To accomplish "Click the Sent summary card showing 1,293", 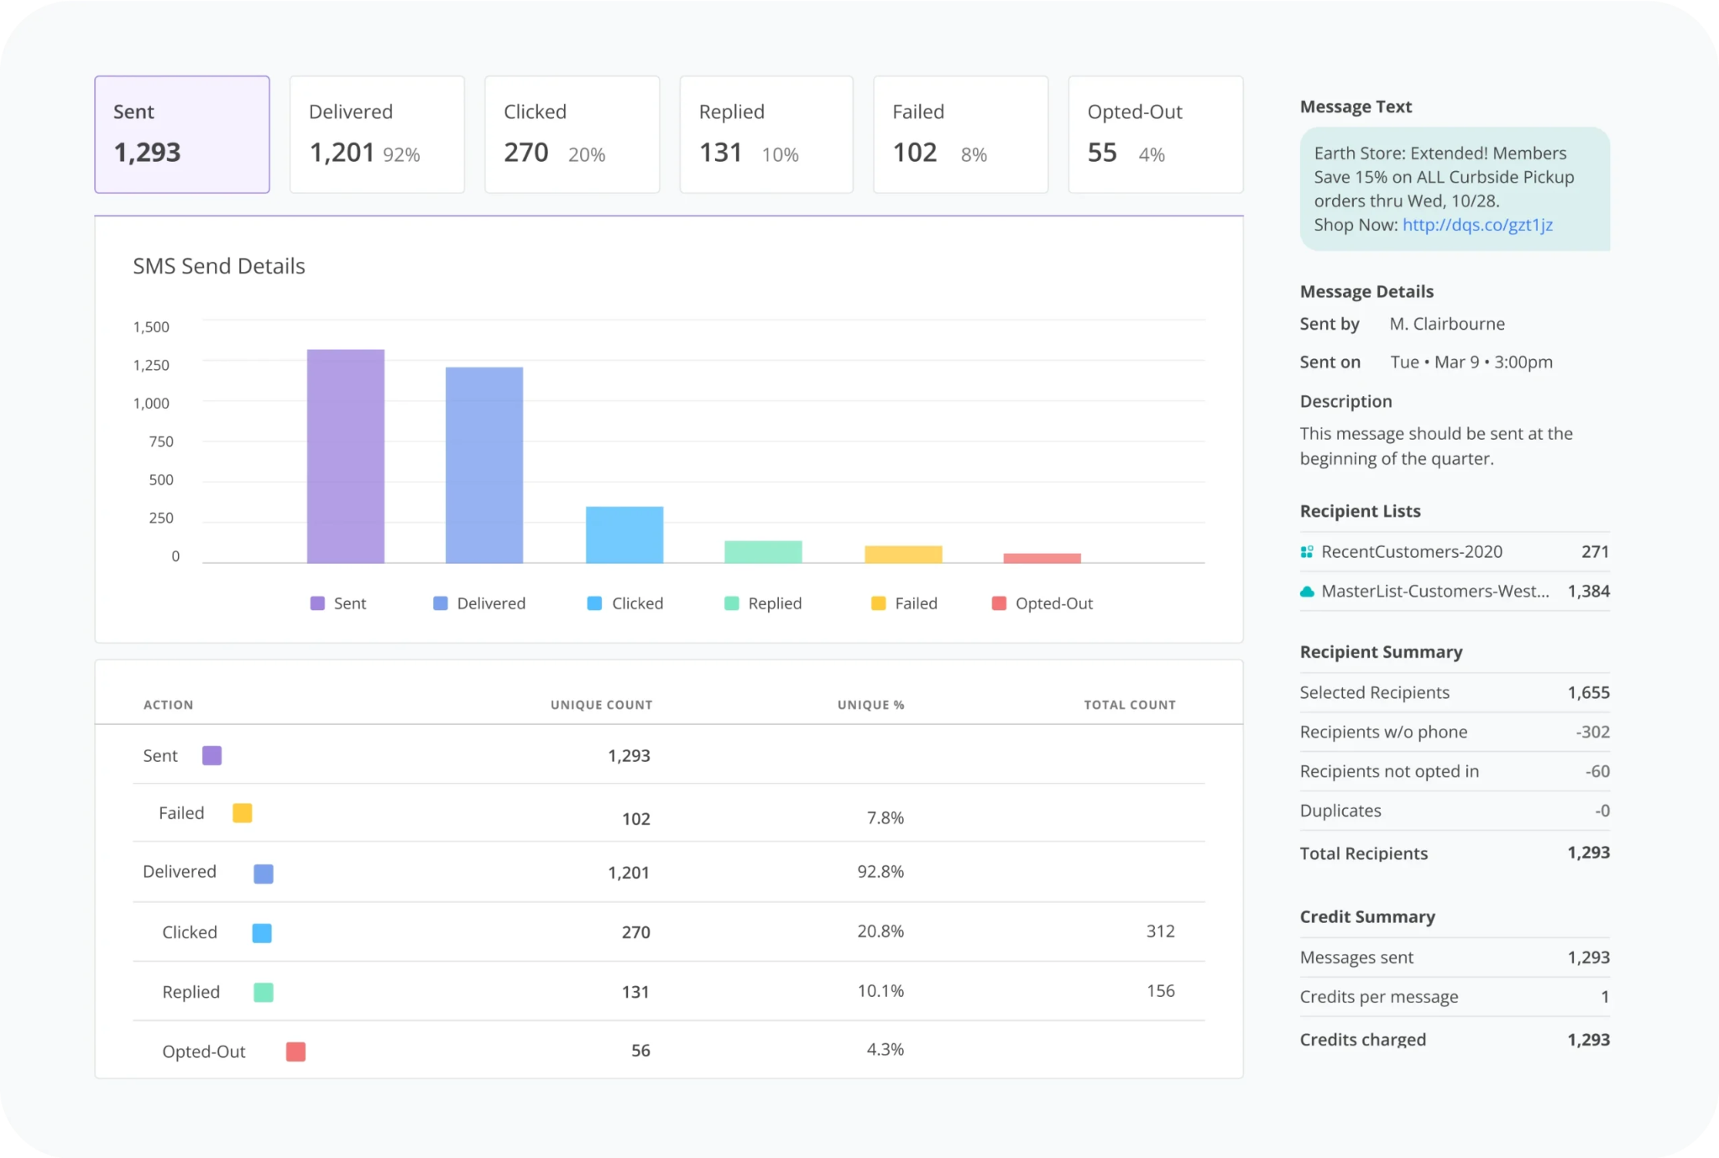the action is [182, 134].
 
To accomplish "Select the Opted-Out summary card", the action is [1155, 134].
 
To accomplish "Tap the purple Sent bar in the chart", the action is [346, 456].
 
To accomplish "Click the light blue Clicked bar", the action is [624, 535].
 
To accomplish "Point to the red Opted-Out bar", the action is [1042, 558].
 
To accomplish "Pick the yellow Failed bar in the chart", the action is [903, 554].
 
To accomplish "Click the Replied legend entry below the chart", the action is [763, 603].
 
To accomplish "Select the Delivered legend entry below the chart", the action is [479, 603].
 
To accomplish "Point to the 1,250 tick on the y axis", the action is [151, 365].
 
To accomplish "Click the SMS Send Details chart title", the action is [219, 266].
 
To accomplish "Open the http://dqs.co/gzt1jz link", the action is [1477, 225].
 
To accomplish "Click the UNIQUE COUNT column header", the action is [601, 705].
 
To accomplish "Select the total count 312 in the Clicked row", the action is [1161, 931].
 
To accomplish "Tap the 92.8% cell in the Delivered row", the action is [880, 872].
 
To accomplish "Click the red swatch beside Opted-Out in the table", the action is [295, 1051].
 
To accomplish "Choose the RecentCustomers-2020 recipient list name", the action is [1412, 551].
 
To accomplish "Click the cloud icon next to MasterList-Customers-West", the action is [1307, 592].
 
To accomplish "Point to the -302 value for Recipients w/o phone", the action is [1592, 732].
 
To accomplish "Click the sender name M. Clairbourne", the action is [1447, 324].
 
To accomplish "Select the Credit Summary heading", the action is [1367, 916].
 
